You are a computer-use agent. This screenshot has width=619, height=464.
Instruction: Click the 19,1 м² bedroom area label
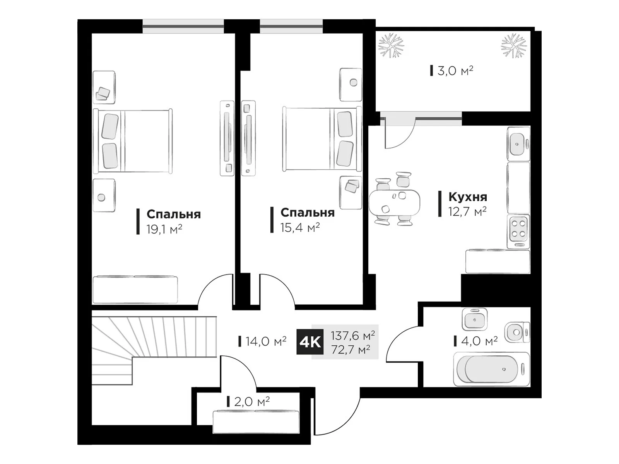coord(164,229)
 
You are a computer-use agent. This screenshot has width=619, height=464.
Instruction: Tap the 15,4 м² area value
coord(300,228)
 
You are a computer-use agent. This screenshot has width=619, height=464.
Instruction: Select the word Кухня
coord(467,197)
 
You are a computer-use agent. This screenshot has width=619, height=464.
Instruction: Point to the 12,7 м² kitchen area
coord(467,212)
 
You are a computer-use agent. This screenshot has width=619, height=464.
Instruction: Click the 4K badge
coord(309,342)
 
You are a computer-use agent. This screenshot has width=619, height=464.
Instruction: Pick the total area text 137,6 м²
coord(352,335)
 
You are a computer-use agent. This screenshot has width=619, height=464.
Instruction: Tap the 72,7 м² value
coord(351,350)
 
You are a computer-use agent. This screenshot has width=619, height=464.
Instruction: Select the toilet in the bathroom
coord(516,332)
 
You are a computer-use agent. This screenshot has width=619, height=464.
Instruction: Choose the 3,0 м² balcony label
coord(455,71)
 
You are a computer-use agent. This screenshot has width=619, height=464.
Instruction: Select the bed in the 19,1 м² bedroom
coord(132,141)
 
